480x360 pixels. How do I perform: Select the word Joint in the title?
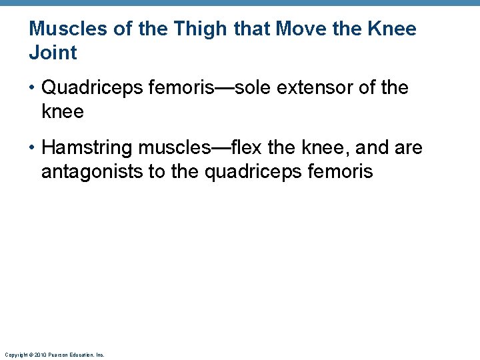53,53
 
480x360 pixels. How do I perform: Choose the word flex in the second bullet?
247,147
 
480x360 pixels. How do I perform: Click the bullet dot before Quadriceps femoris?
33,88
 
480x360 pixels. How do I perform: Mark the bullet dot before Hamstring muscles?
33,148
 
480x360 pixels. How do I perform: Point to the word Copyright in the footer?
15,355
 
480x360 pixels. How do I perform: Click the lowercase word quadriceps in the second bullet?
254,172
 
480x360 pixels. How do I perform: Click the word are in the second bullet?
408,148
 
